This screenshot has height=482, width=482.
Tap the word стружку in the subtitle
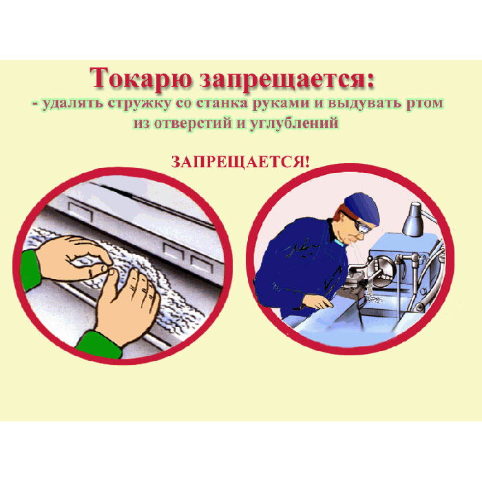click(x=139, y=103)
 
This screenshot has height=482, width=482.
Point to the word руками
click(x=281, y=104)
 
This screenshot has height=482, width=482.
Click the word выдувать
click(x=364, y=103)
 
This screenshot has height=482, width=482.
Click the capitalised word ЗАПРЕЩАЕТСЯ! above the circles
click(x=240, y=162)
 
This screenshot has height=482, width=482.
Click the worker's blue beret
click(x=363, y=207)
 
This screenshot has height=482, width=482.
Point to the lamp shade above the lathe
click(x=413, y=220)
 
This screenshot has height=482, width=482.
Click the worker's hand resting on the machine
click(x=318, y=303)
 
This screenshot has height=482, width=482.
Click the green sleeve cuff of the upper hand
click(x=31, y=270)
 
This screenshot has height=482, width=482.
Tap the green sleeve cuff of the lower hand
click(x=99, y=346)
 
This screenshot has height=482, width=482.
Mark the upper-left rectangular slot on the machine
click(x=81, y=211)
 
